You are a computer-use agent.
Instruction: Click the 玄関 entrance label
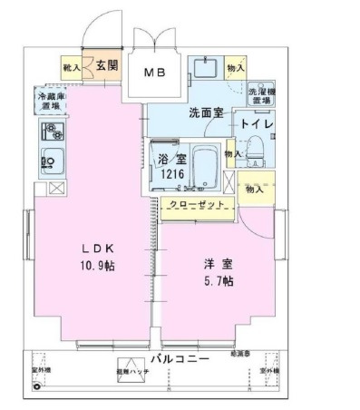coord(107,65)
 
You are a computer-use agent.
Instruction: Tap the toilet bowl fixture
coord(255,147)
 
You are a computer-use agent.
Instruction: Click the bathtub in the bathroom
coord(208,164)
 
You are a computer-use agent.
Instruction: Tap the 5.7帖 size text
coord(219,281)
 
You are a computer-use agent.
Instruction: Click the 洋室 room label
coord(218,263)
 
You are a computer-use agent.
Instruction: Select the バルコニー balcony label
coord(180,359)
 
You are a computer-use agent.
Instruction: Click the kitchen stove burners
coord(50,131)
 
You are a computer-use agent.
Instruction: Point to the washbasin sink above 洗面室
coord(204,70)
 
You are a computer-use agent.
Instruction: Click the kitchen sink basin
coord(50,158)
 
